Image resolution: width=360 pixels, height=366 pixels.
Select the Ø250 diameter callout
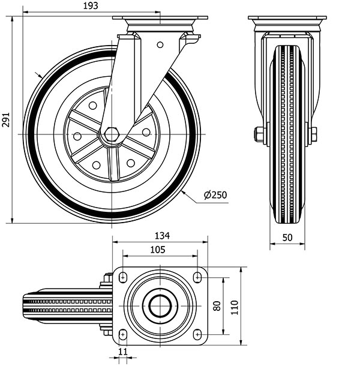tap(214, 194)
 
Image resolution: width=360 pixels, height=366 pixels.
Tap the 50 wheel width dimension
tap(287, 238)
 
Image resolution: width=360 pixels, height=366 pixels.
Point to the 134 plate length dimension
tap(161, 236)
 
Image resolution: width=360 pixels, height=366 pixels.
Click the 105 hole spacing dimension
tap(158, 250)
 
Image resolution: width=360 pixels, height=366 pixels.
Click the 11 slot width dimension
tap(124, 352)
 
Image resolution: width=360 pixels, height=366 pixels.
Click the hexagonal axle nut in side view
tap(110, 135)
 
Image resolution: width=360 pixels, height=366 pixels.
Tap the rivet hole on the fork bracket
tap(160, 44)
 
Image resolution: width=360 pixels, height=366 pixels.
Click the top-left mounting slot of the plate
tap(124, 276)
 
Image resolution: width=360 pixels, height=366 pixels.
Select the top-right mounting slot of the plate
tap(197, 276)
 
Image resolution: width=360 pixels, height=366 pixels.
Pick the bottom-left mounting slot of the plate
tap(124, 334)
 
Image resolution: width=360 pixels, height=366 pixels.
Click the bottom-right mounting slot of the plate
tap(197, 334)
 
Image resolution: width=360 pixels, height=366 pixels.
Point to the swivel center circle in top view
tap(160, 305)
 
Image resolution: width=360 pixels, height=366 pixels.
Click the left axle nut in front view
tap(259, 134)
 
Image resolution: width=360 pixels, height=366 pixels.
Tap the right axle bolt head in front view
tap(313, 134)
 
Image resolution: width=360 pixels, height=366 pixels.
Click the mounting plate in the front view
tap(287, 19)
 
